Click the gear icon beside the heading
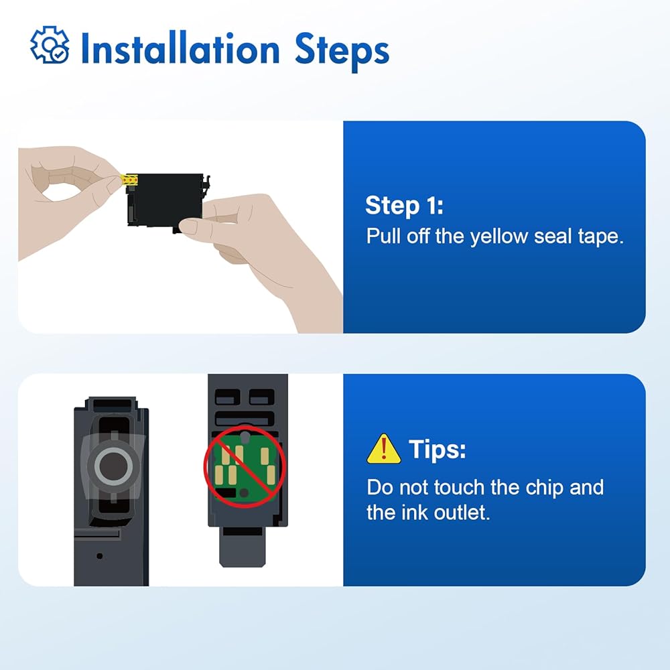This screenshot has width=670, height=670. tap(50, 45)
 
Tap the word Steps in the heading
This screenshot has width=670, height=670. tap(342, 50)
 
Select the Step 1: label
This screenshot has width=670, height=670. tap(404, 206)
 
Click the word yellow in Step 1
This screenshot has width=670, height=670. tap(498, 237)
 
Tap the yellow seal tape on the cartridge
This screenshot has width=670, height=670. tap(129, 180)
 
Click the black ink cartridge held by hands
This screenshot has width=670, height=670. tap(165, 201)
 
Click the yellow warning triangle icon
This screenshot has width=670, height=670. tap(384, 449)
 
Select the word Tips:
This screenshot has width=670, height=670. tap(437, 449)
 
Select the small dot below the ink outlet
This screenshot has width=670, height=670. tap(100, 556)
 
